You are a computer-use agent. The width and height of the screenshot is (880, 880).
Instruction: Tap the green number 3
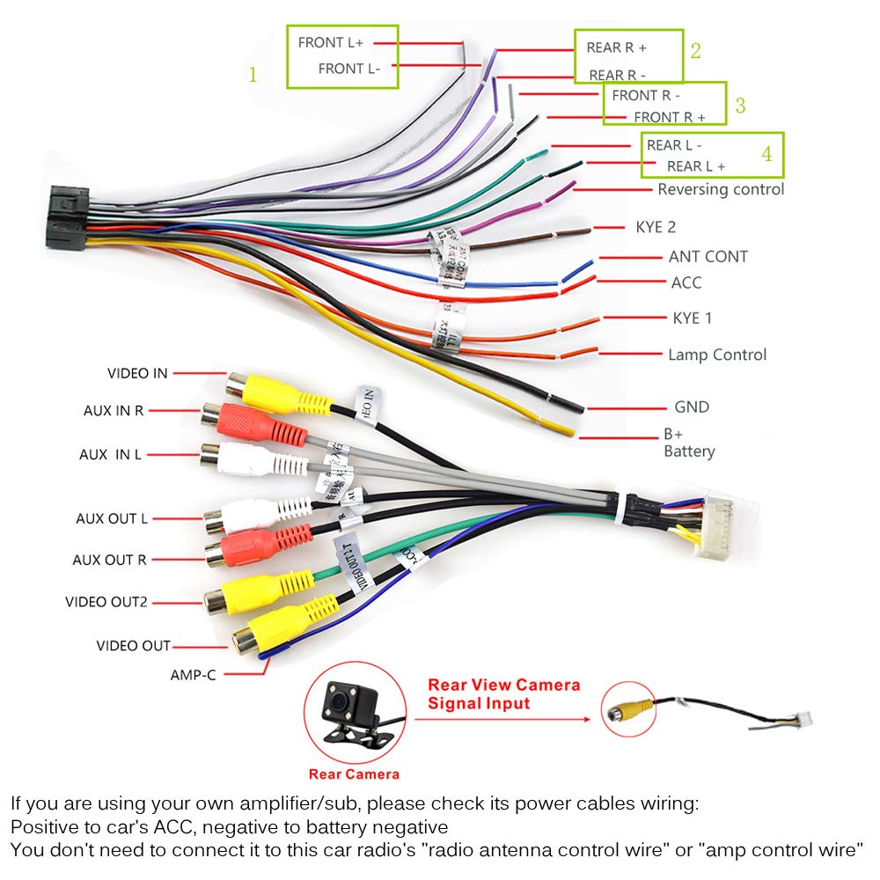point(740,106)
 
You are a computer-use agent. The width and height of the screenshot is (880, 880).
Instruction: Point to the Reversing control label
point(720,189)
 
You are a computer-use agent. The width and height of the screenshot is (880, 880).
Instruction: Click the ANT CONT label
point(708,257)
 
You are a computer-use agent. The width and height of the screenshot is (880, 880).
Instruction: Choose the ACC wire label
point(686,282)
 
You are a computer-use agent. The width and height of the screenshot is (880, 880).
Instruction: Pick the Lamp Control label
point(716,355)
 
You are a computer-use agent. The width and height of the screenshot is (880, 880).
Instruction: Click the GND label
point(691,407)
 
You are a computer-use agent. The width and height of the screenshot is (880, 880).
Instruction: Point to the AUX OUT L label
point(111,519)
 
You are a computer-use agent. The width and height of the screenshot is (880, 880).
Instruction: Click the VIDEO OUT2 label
point(106,602)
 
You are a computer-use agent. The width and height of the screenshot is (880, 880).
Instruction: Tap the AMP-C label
point(193,675)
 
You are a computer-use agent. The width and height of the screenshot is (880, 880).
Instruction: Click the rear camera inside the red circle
point(354,708)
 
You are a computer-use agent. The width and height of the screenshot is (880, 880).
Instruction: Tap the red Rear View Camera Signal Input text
point(503,693)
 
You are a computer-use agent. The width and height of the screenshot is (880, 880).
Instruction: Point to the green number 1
point(253,75)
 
